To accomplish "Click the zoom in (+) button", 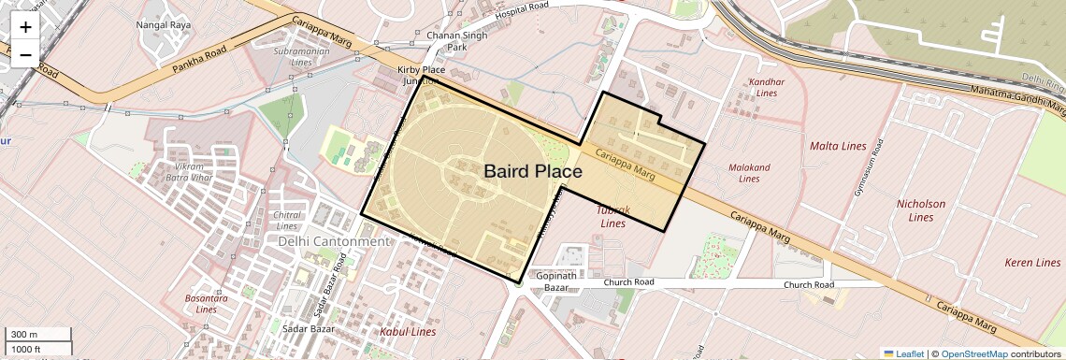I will click(x=25, y=27).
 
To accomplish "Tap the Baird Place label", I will click(x=532, y=171).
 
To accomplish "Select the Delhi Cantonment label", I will click(x=333, y=241).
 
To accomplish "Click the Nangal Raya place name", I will click(x=164, y=24).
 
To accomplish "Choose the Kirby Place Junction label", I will click(x=421, y=76).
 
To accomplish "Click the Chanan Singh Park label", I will click(x=444, y=40).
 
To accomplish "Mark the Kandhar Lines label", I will click(x=766, y=87).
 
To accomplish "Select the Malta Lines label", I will click(x=838, y=146).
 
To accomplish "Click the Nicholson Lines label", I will click(x=921, y=210).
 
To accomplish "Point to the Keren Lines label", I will click(x=1032, y=263).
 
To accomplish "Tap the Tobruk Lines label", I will click(x=613, y=217).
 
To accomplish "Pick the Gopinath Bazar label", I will click(x=557, y=282).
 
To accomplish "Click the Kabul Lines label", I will click(x=407, y=332).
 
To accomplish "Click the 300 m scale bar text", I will click(x=24, y=335).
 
